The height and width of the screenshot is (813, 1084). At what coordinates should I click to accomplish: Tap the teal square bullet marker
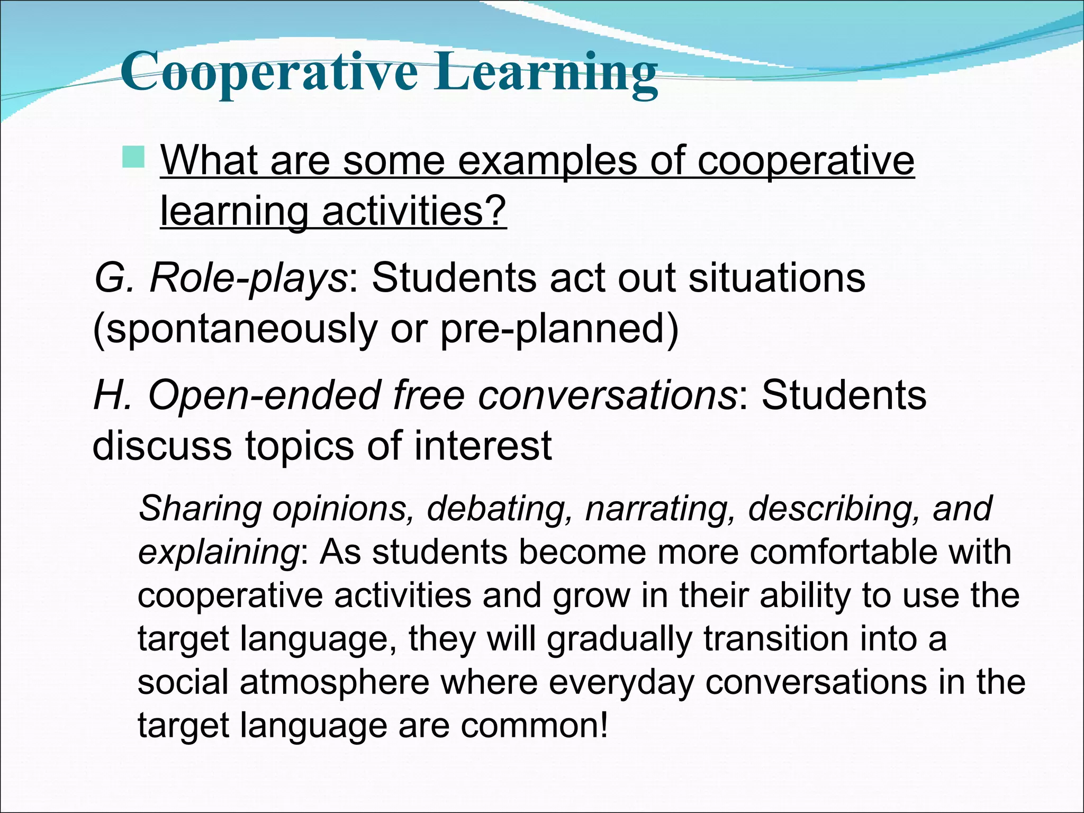click(133, 157)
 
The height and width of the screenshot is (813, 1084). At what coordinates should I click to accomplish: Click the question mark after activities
click(496, 211)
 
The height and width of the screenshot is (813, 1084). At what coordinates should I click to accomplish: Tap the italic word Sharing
click(200, 509)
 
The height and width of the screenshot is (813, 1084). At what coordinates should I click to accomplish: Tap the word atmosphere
click(335, 682)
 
